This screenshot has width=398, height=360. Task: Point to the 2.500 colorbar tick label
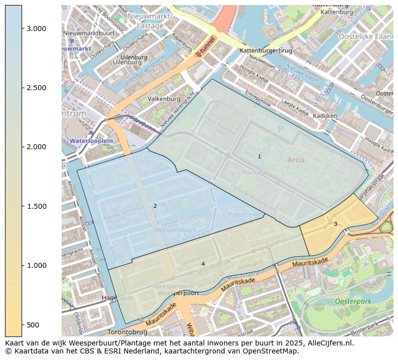pyautogui.click(x=37, y=88)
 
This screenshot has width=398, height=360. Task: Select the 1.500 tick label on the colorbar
pyautogui.click(x=37, y=206)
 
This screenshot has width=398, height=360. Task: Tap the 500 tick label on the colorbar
pyautogui.click(x=34, y=325)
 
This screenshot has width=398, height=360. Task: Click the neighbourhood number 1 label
pyautogui.click(x=259, y=156)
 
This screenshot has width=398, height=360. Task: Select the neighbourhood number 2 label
pyautogui.click(x=155, y=206)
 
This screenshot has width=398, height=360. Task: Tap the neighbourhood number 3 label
pyautogui.click(x=335, y=224)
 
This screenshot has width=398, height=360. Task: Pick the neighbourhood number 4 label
pyautogui.click(x=203, y=264)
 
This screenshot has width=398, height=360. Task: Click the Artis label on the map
pyautogui.click(x=296, y=160)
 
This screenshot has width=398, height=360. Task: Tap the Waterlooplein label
pyautogui.click(x=91, y=141)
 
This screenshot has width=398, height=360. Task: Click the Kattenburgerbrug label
pyautogui.click(x=266, y=51)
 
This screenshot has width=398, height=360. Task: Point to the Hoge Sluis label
pyautogui.click(x=109, y=298)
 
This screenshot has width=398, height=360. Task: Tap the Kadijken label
pyautogui.click(x=325, y=116)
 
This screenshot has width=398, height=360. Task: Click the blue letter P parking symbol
pyautogui.click(x=280, y=130)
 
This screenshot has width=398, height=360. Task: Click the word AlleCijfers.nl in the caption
pyautogui.click(x=325, y=343)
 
